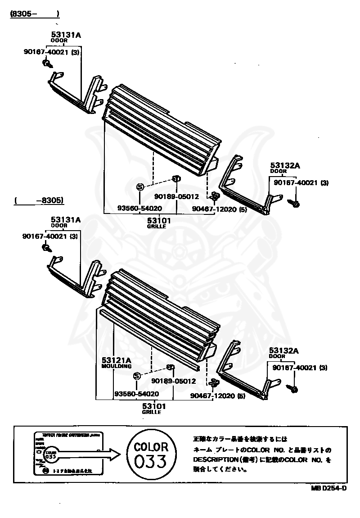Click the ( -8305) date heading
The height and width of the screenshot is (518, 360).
click(x=38, y=200)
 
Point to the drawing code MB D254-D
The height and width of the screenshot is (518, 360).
click(x=328, y=488)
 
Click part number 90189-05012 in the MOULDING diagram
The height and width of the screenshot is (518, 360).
click(x=173, y=381)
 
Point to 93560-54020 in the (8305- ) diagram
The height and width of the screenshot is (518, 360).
click(x=139, y=208)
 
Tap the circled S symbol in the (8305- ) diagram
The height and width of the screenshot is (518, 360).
click(x=139, y=187)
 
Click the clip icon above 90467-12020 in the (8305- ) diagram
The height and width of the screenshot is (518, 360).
click(x=214, y=196)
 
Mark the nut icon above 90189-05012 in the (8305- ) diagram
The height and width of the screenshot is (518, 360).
click(x=176, y=179)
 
